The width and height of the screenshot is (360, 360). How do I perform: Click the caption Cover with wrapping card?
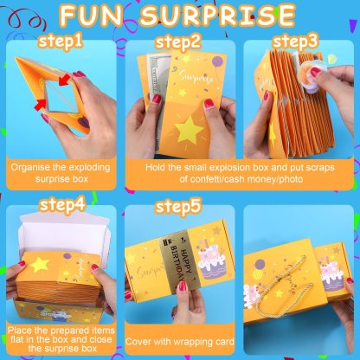coord(180,340)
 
